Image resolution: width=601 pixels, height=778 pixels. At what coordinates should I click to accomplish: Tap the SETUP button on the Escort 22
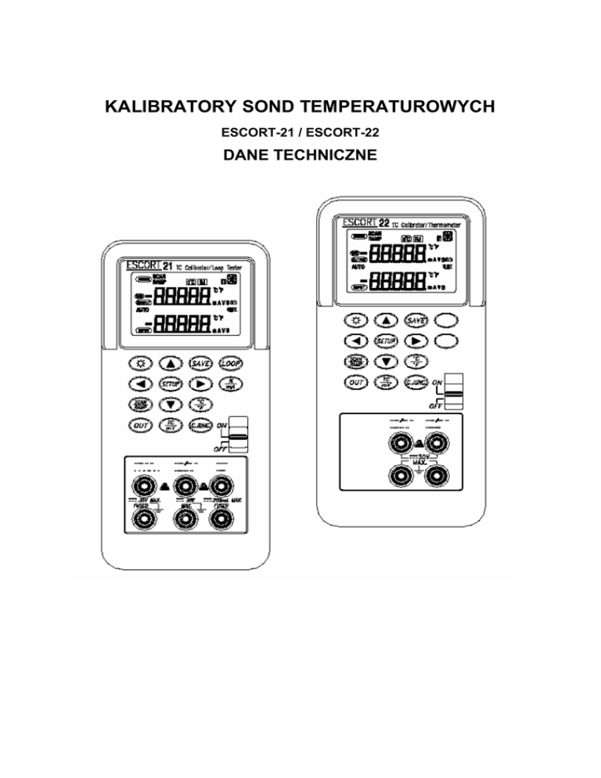point(383,341)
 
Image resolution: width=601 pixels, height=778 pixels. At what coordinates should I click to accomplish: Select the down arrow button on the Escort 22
point(383,362)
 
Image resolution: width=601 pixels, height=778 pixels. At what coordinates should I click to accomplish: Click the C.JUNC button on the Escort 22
point(416,382)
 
